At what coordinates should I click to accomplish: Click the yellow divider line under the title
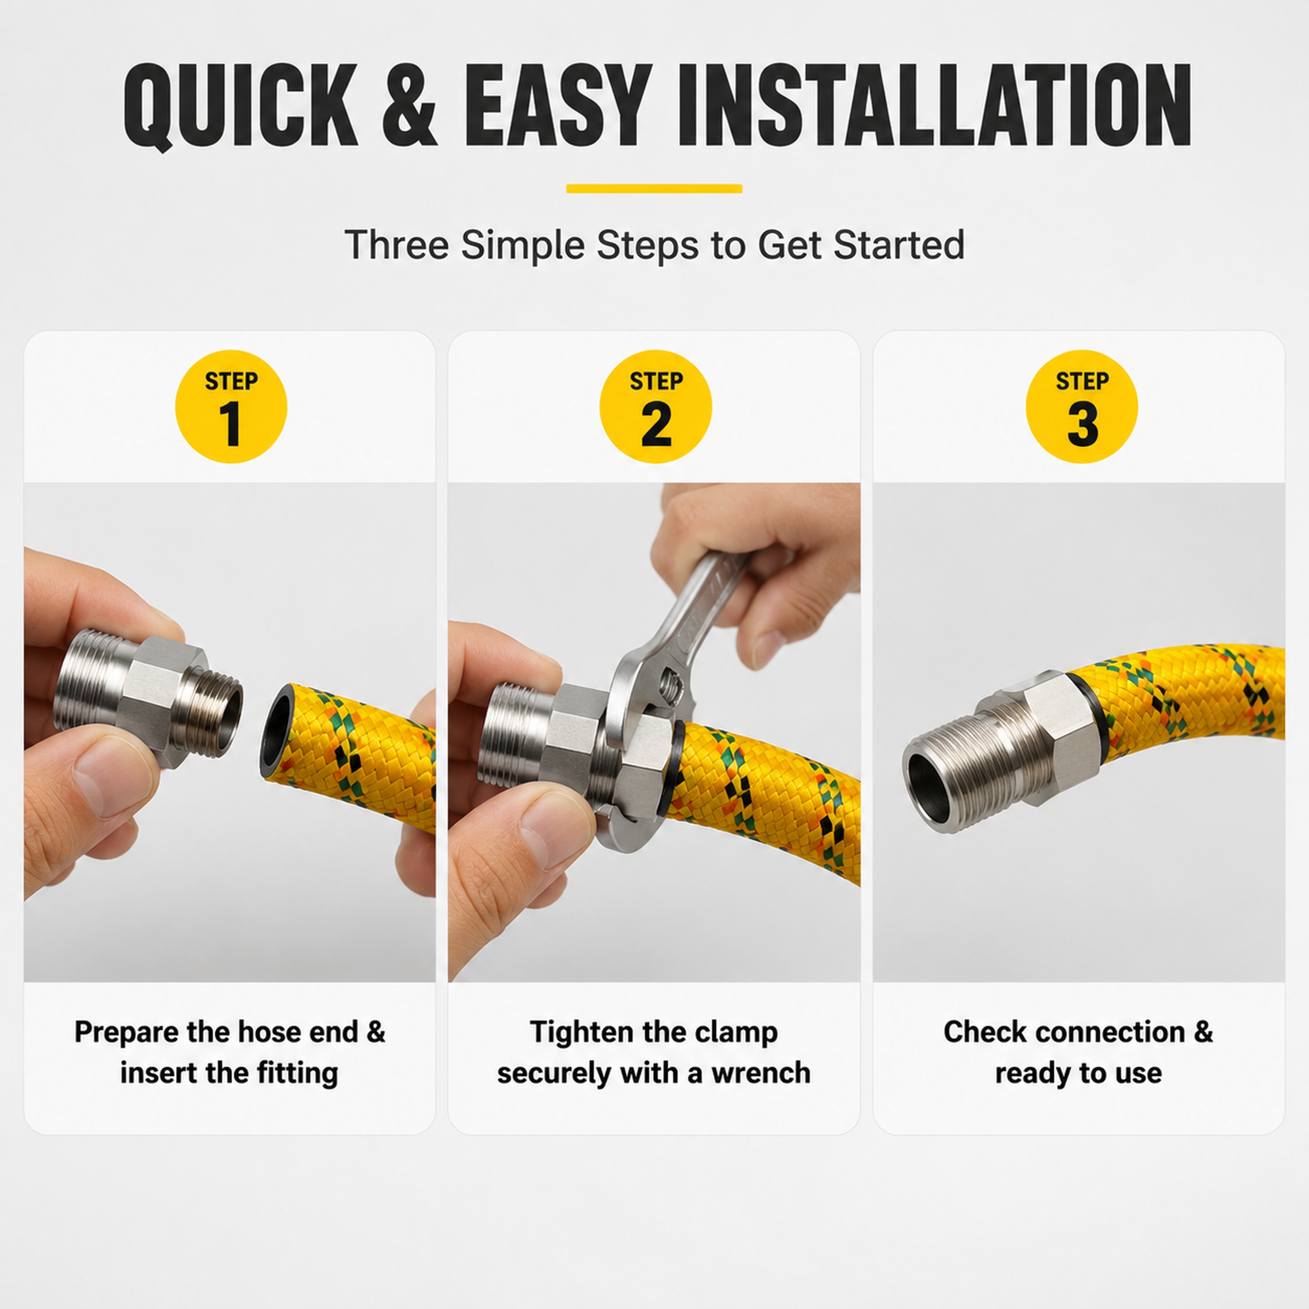654,188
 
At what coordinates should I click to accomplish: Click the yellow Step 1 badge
231,406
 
